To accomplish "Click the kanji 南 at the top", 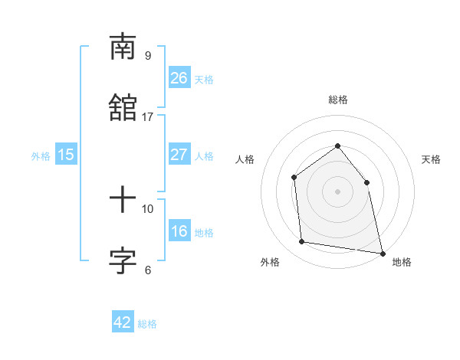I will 123,47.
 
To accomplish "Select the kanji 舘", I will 123,108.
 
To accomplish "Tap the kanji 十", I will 123,201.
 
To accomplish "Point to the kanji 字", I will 123,261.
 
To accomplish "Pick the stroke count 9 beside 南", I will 148,55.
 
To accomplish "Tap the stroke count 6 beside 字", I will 148,270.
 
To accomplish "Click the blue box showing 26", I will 179,78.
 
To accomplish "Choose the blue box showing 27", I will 179,155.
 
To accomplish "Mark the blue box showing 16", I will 179,231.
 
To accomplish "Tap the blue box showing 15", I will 66,155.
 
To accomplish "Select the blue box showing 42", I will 123,322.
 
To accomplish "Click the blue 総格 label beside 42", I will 147,324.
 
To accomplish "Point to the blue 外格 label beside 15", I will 41,155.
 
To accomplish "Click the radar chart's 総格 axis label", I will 337,100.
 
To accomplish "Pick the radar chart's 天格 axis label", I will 431,159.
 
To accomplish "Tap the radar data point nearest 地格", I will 381,252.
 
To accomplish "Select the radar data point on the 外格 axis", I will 302,242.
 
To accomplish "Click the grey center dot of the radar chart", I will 337,191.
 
